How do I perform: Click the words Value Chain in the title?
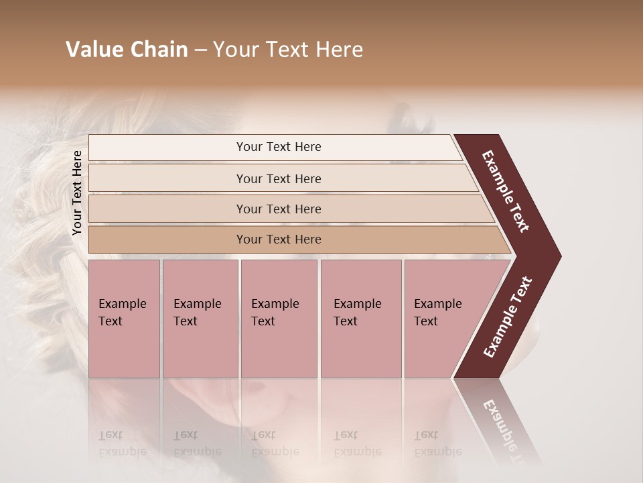point(127,50)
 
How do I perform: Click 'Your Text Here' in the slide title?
point(288,50)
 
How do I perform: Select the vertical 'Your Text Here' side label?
point(77,193)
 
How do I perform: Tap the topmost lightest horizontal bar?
point(167,148)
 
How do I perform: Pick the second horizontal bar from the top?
point(167,178)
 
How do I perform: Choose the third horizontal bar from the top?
point(167,209)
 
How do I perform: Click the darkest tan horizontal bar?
point(167,239)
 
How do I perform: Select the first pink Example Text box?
point(124,319)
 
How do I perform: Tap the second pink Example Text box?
point(200,319)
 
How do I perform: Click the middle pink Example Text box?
point(279,319)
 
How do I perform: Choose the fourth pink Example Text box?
point(360,319)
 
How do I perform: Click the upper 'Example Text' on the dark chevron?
point(506,191)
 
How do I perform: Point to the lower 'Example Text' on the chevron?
point(508,317)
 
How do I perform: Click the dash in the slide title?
point(200,50)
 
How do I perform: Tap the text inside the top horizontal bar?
point(279,147)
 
